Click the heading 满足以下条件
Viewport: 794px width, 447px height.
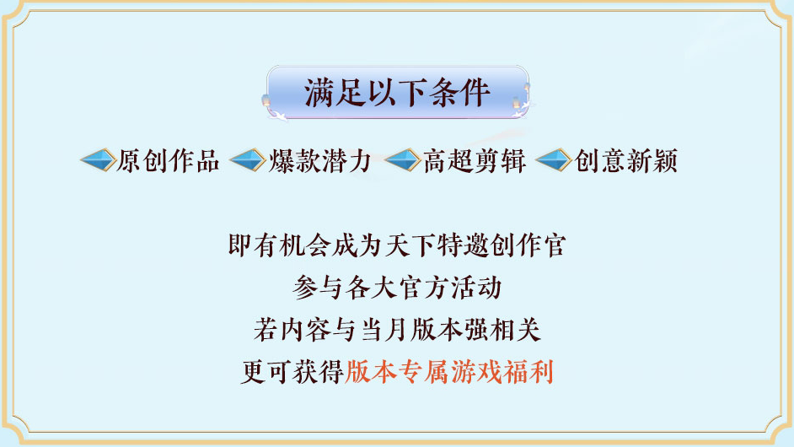(397, 92)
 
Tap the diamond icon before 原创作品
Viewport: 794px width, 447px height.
(98, 159)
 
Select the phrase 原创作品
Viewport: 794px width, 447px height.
(169, 160)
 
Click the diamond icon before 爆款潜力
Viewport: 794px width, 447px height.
(249, 159)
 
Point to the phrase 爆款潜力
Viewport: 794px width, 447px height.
(321, 160)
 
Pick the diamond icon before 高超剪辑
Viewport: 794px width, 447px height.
(403, 159)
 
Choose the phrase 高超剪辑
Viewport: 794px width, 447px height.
(475, 160)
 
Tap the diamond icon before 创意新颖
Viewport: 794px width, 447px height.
(555, 159)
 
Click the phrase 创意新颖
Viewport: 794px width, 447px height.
(626, 160)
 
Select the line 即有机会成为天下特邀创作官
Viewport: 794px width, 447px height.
(397, 246)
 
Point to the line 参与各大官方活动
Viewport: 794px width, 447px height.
(397, 288)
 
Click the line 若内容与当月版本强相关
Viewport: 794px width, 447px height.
(397, 330)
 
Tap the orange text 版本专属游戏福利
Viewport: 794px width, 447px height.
(449, 372)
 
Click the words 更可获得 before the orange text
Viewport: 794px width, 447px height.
(292, 372)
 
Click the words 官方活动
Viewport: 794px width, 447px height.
(449, 288)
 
